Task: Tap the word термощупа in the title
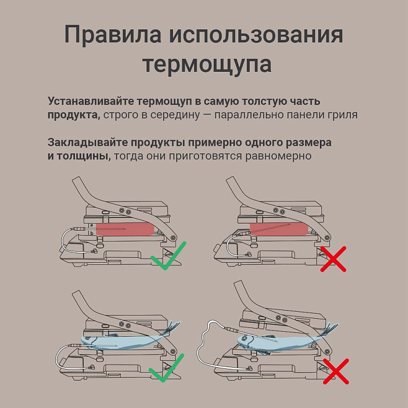coord(207,64)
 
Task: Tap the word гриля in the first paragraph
coord(343,115)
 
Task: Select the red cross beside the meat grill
coord(333,258)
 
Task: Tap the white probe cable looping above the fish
coord(204,337)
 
